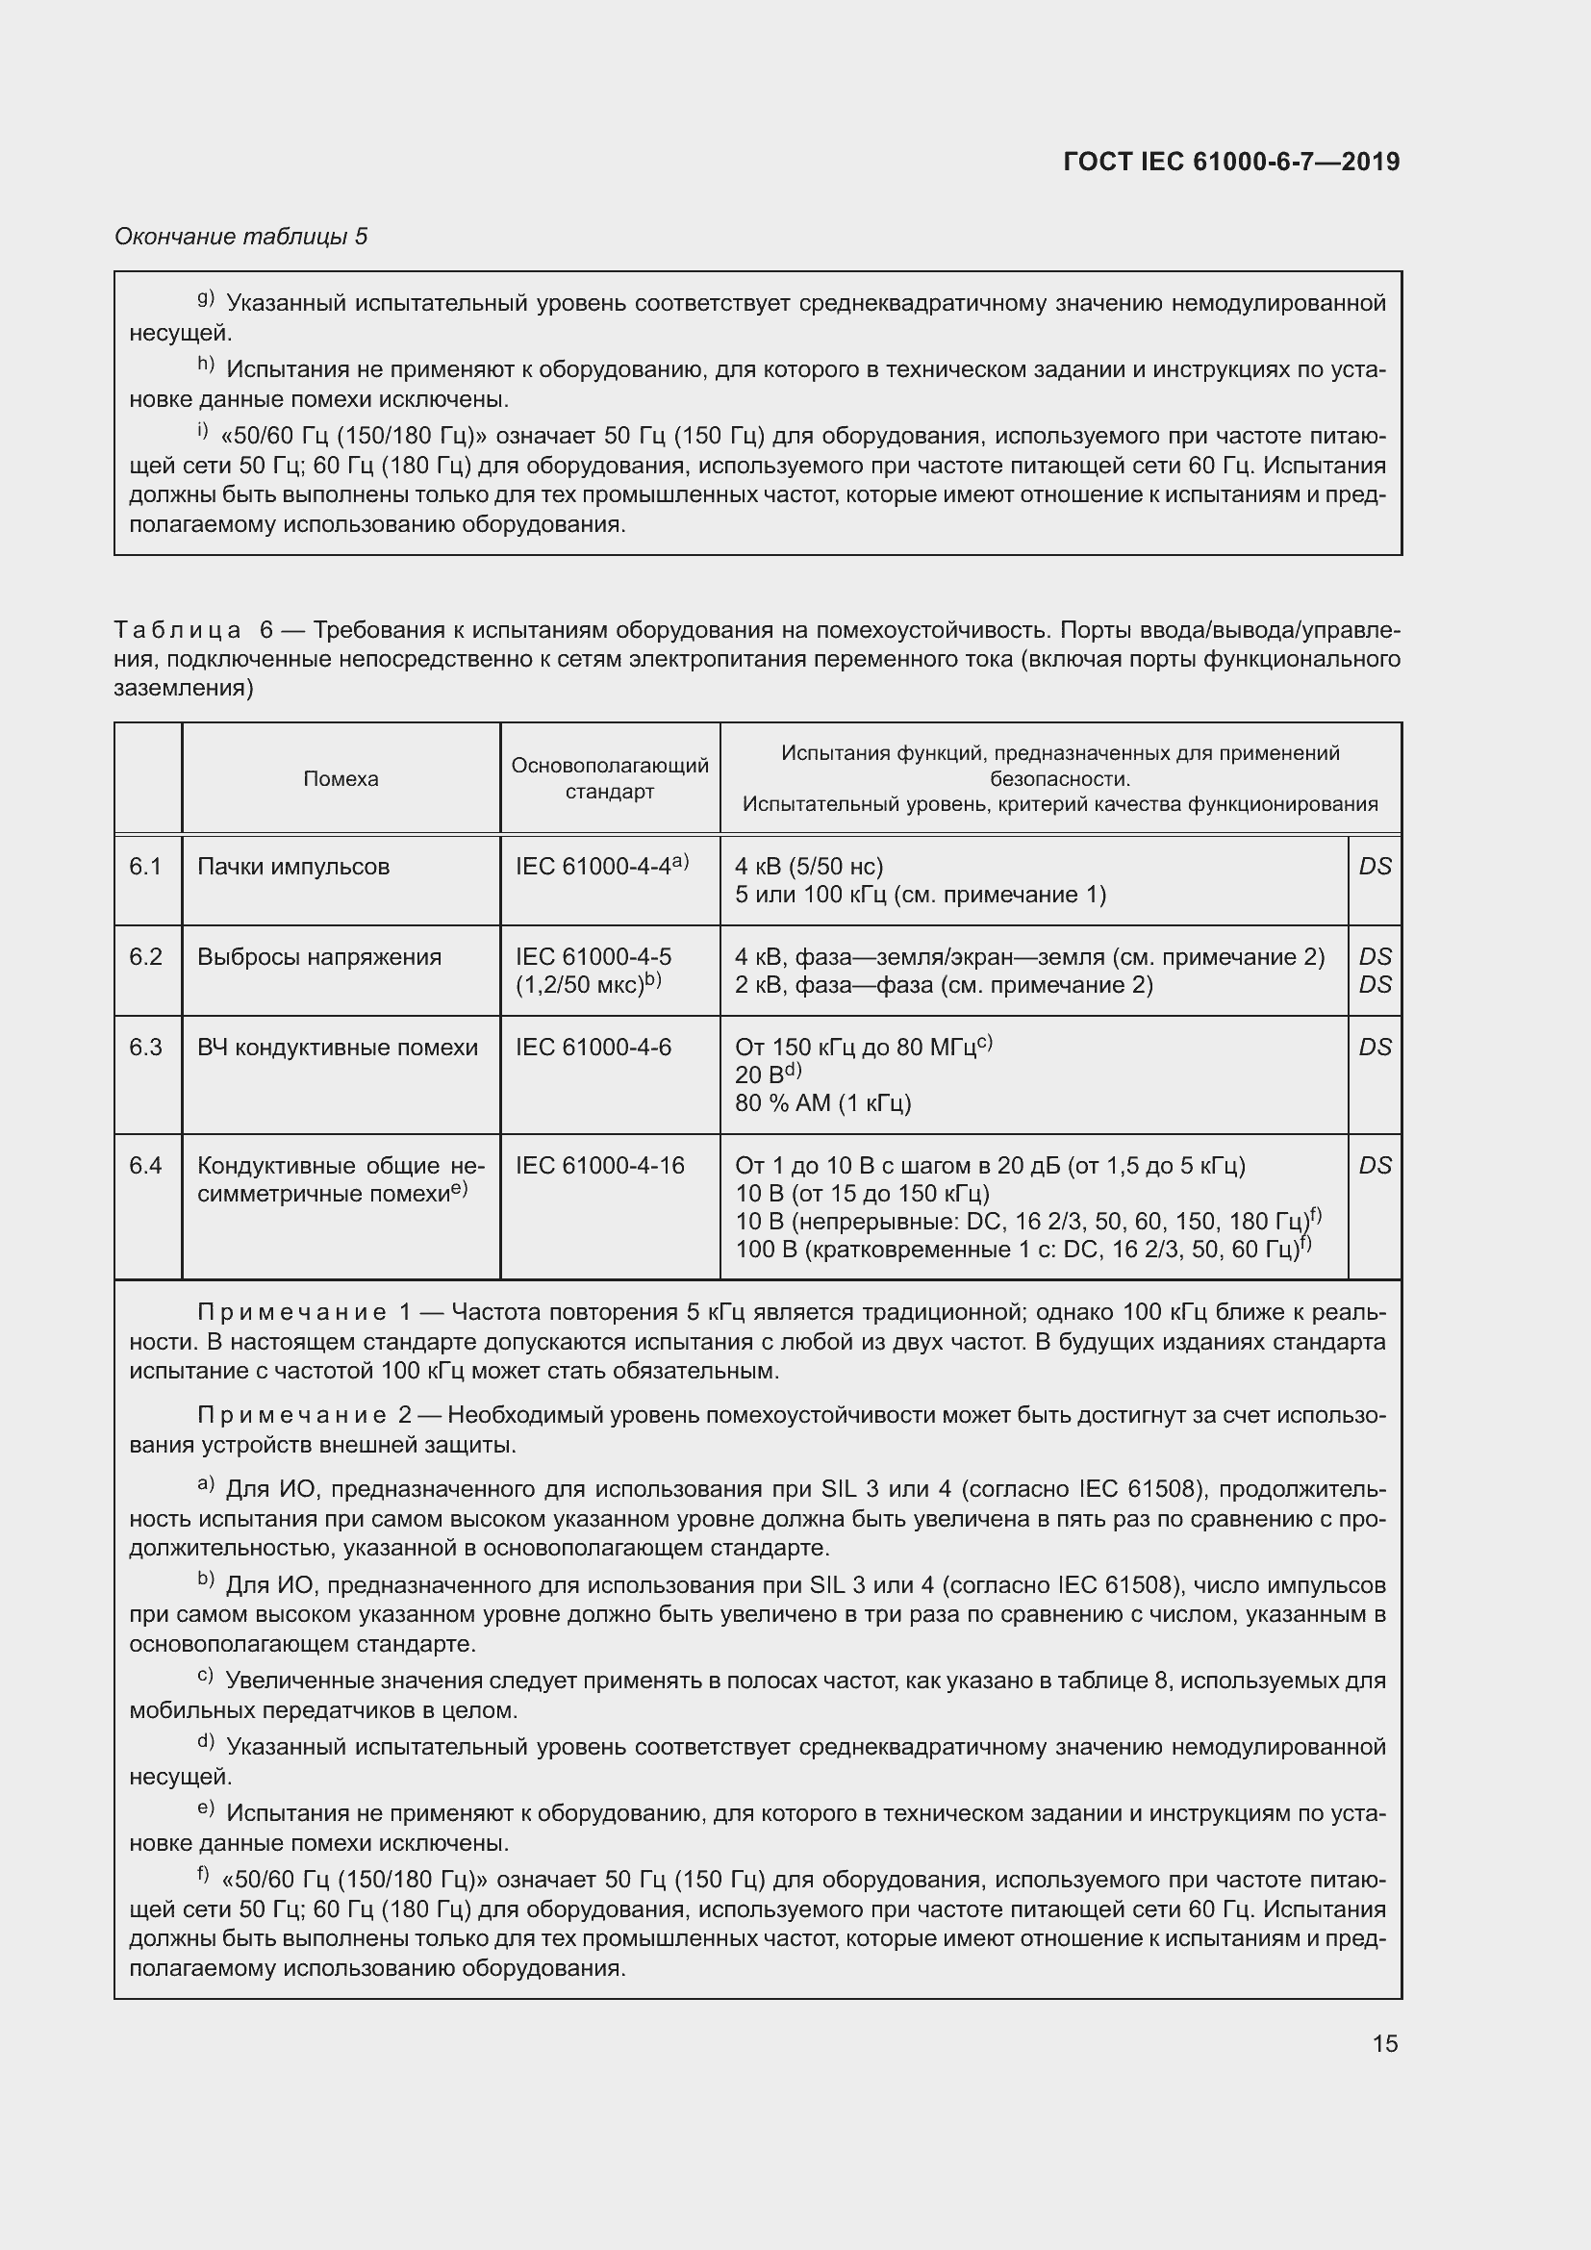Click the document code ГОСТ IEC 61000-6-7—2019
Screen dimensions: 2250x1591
(x=1230, y=162)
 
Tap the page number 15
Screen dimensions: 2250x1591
(x=1384, y=2043)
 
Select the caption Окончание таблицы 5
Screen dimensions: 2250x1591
(x=241, y=237)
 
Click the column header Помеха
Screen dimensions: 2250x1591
(x=340, y=779)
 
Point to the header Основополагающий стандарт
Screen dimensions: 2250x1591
(x=609, y=778)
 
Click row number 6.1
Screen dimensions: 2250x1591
(x=146, y=867)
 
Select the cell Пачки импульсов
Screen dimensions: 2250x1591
(x=293, y=867)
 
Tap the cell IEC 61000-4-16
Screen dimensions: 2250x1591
(x=599, y=1165)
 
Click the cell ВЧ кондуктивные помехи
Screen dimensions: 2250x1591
(x=337, y=1048)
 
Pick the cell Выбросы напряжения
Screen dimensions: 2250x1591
(x=319, y=956)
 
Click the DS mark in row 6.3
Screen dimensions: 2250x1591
(x=1375, y=1048)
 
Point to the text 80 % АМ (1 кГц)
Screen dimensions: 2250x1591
(x=823, y=1103)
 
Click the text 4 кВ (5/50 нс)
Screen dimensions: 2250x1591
(x=808, y=867)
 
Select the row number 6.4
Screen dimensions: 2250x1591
(x=146, y=1165)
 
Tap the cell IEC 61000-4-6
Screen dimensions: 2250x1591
(x=593, y=1048)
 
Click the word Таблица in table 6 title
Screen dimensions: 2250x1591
(x=177, y=630)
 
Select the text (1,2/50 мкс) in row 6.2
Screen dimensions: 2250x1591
(x=579, y=985)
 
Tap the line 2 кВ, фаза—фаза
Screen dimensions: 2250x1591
(x=943, y=985)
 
